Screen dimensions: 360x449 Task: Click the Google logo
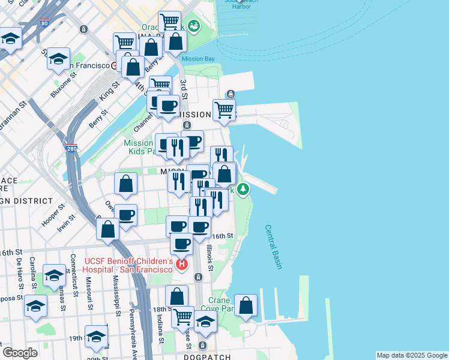19,353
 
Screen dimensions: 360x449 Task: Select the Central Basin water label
273,247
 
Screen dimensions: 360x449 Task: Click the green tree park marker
243,190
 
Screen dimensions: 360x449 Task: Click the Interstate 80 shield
44,24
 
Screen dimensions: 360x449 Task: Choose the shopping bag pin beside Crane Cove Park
246,305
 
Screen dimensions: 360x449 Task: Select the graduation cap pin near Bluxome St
59,59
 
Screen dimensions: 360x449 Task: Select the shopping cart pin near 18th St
183,316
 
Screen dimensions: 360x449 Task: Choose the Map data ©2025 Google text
411,355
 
